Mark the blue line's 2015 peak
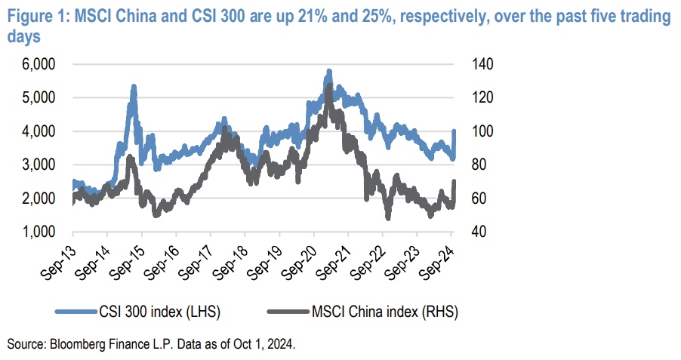[x=134, y=87]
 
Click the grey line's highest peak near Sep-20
[x=328, y=85]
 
